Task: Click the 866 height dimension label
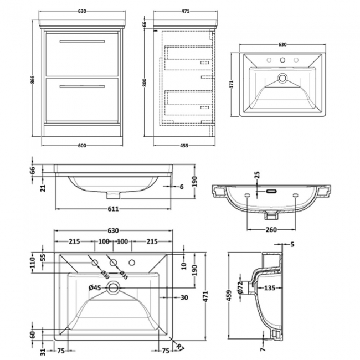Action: [x=33, y=80]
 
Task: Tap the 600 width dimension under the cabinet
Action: [x=82, y=146]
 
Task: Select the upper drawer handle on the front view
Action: [x=82, y=42]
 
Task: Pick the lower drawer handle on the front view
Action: [x=82, y=86]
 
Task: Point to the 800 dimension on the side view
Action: [x=145, y=83]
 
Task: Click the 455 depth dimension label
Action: [x=184, y=146]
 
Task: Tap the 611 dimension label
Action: [x=113, y=209]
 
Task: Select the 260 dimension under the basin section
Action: [x=271, y=230]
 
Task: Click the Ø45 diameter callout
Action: [x=95, y=287]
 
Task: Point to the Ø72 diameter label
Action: [x=240, y=287]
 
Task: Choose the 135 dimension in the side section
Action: [x=269, y=287]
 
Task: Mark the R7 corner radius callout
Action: [x=180, y=347]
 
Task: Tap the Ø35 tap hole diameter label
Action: [x=124, y=275]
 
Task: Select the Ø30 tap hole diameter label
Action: [x=105, y=275]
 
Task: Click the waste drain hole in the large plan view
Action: [x=113, y=287]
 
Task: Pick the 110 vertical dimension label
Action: [x=32, y=263]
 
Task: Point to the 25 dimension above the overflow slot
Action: [x=257, y=175]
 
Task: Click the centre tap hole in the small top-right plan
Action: [x=282, y=60]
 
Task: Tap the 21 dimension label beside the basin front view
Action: [x=43, y=188]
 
